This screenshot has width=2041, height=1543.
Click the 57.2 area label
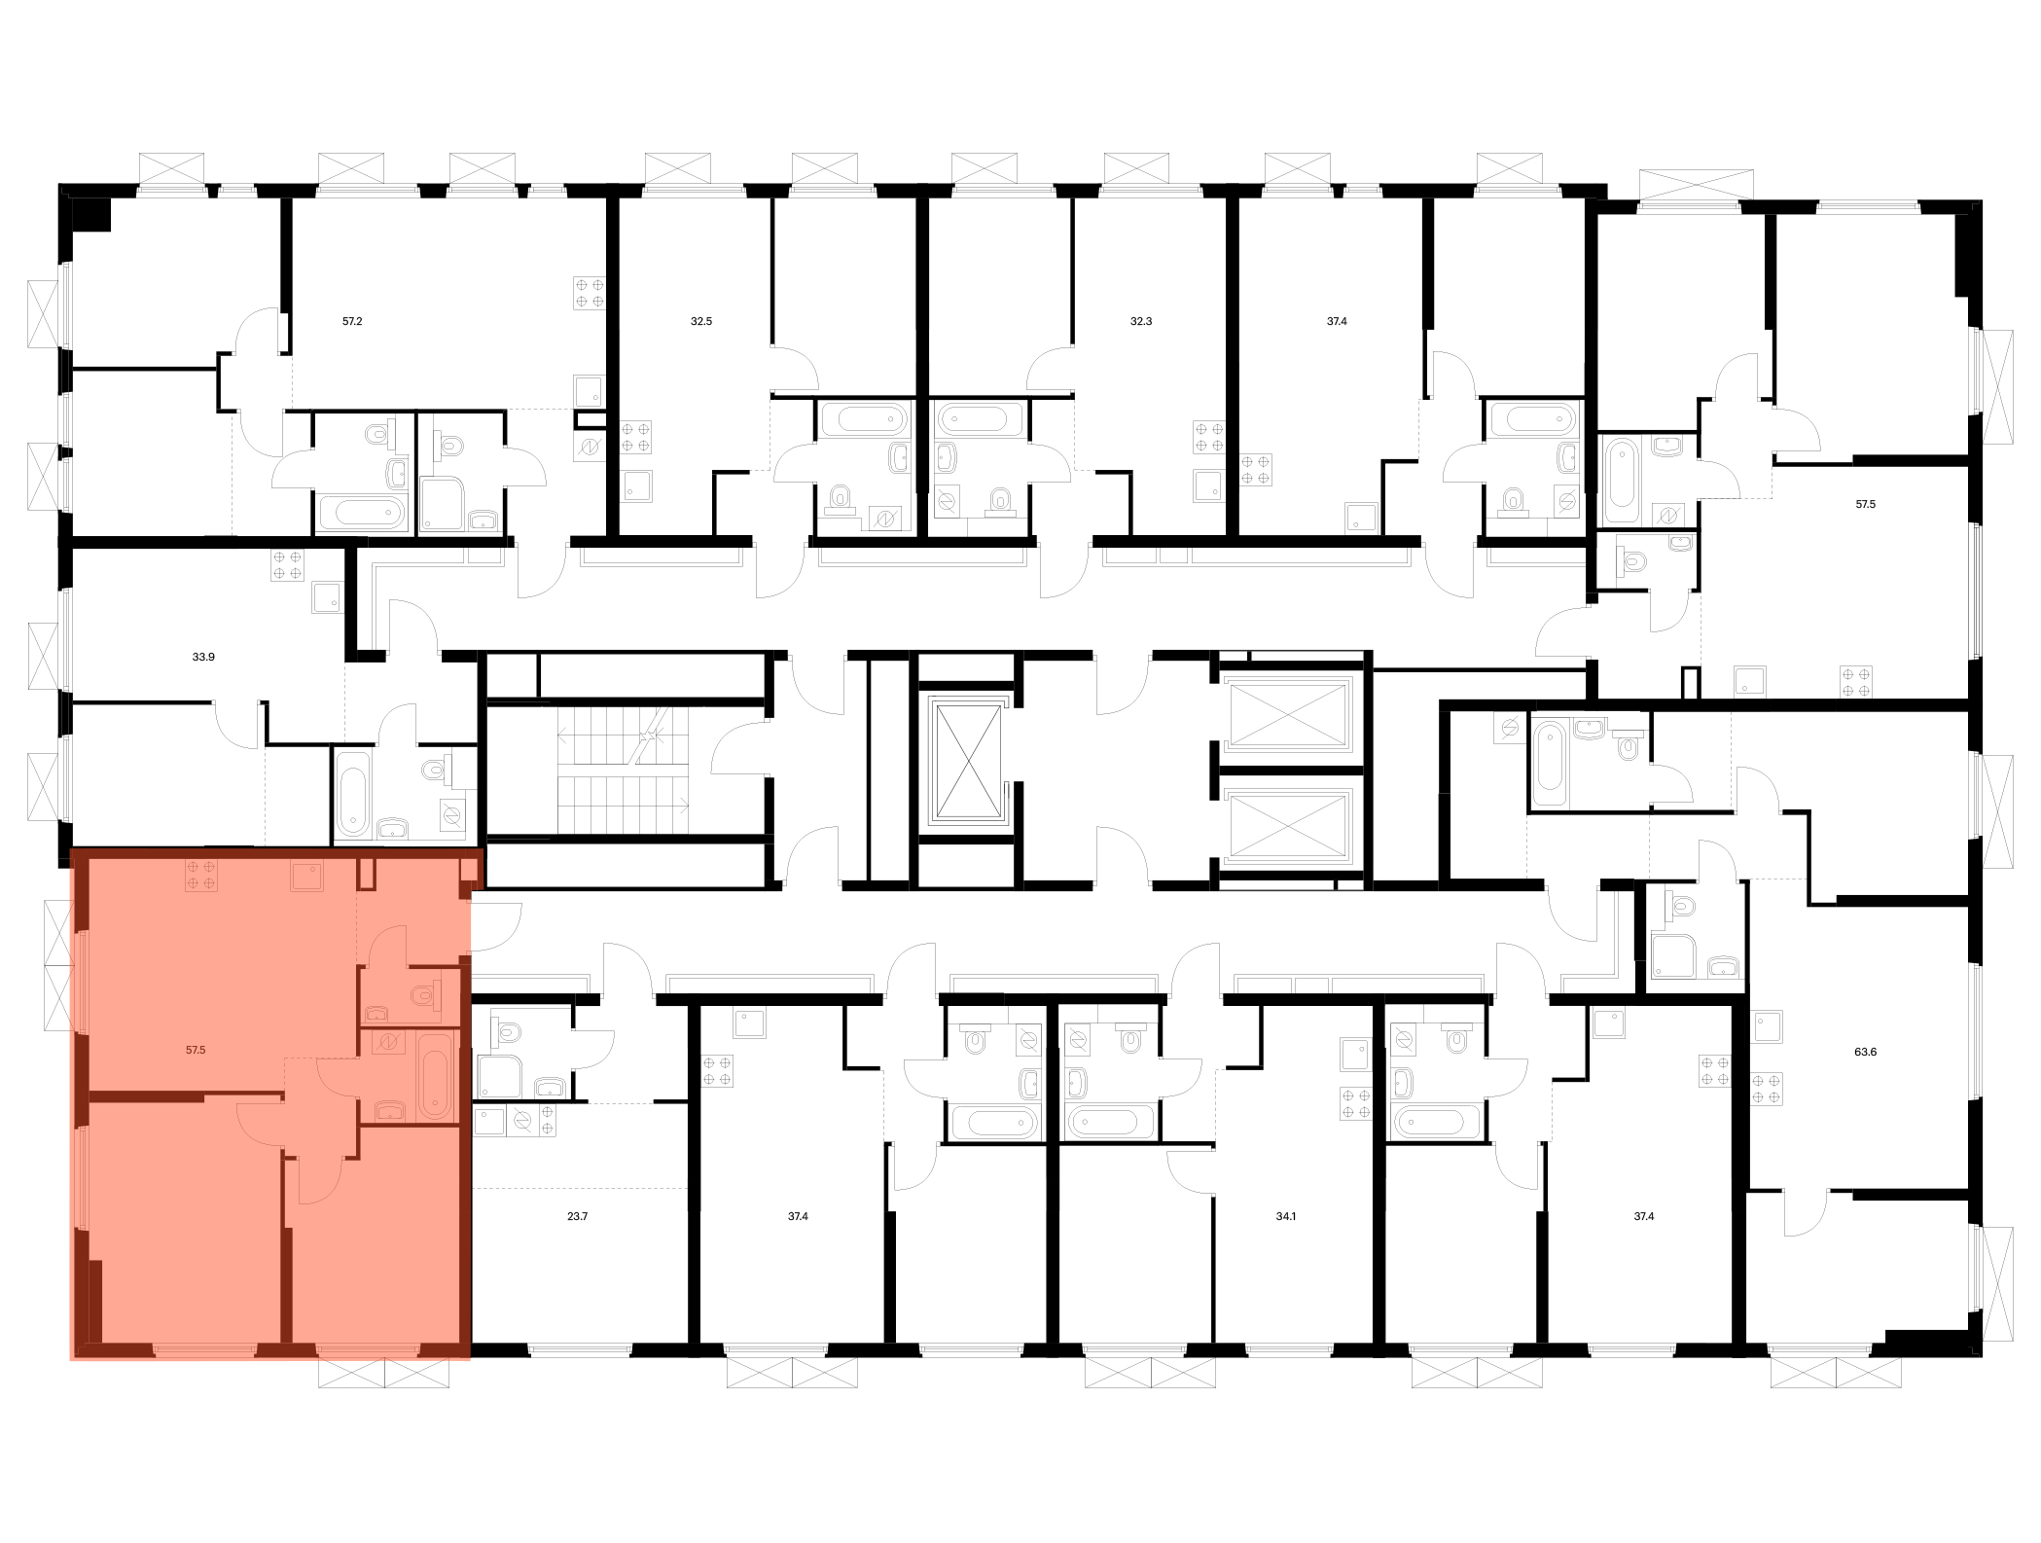click(352, 321)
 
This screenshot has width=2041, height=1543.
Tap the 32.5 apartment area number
click(701, 321)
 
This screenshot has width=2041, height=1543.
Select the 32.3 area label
click(1141, 321)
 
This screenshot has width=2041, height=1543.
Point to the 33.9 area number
click(203, 658)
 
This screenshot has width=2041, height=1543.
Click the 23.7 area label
click(577, 1216)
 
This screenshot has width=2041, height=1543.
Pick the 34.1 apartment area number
click(1286, 1216)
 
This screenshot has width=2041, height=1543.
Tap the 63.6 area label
click(1865, 1052)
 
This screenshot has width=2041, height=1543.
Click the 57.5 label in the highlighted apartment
click(196, 1051)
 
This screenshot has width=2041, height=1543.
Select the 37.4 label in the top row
click(1337, 321)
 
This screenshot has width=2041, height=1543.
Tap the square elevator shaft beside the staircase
click(967, 762)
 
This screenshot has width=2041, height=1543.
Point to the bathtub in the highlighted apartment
click(435, 1076)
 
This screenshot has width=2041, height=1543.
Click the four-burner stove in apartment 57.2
click(590, 293)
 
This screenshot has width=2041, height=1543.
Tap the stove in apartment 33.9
click(288, 566)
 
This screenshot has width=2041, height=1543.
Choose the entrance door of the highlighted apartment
click(496, 924)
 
